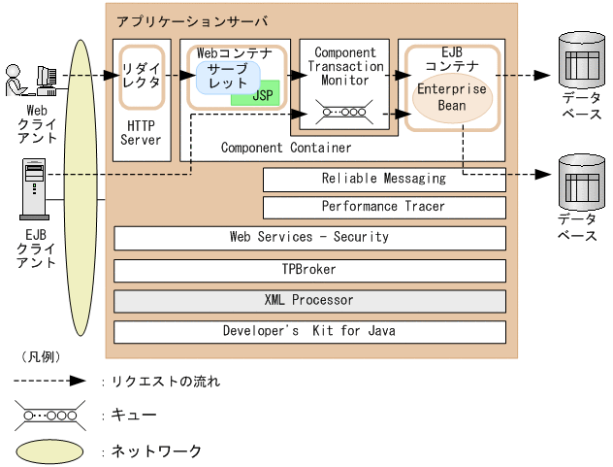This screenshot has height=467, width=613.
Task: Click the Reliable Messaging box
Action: point(384,179)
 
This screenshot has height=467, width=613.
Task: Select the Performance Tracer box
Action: point(384,207)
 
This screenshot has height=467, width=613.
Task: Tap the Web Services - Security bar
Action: point(309,237)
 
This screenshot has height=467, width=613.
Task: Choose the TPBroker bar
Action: point(309,269)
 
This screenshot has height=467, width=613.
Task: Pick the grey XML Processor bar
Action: point(309,300)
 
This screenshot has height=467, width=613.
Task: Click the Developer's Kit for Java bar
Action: point(309,331)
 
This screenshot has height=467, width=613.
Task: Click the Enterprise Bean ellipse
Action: point(451,97)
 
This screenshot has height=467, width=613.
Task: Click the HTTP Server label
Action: point(142,133)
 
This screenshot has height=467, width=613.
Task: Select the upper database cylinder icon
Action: point(580,60)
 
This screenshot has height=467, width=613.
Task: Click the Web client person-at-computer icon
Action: point(32,81)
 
